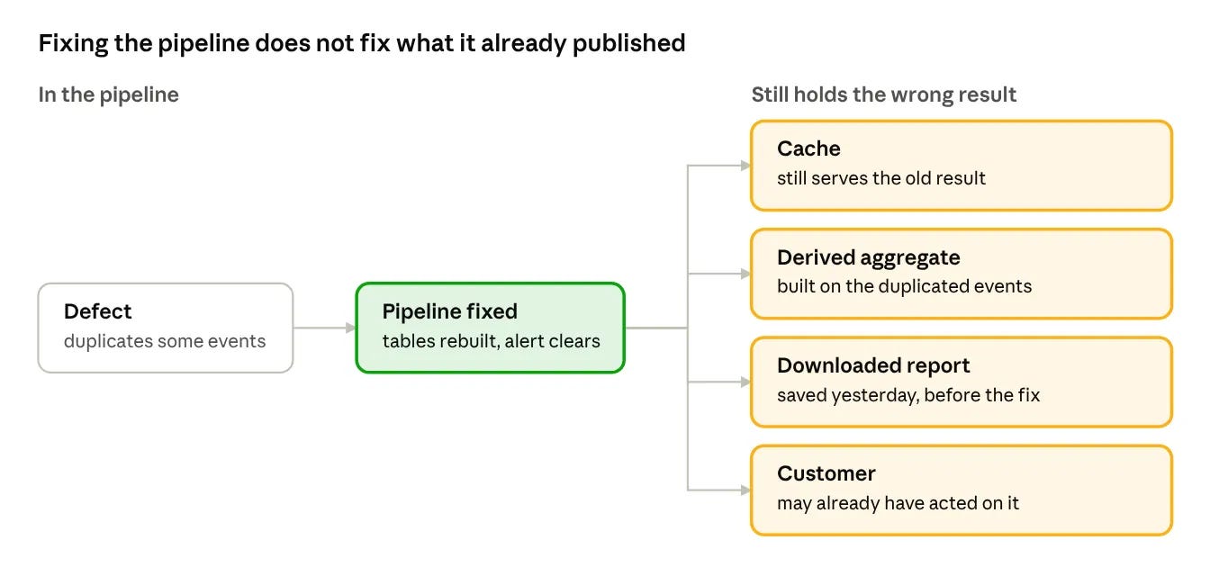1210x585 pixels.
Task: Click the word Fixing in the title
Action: (73, 44)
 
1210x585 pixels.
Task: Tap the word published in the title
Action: (628, 44)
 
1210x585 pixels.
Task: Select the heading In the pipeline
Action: (109, 95)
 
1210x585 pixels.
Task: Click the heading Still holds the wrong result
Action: (884, 94)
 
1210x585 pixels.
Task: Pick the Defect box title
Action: (98, 311)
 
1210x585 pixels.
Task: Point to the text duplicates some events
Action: (165, 341)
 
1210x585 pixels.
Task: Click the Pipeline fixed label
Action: (449, 311)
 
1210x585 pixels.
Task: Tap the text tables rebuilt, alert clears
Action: (491, 341)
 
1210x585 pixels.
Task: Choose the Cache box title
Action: (808, 149)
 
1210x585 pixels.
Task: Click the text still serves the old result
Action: (881, 178)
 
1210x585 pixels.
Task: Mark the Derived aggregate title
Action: (869, 257)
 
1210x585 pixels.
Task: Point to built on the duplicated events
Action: (904, 286)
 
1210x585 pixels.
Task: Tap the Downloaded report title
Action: (873, 366)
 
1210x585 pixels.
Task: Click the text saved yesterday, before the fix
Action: (908, 395)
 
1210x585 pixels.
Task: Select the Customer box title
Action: (826, 473)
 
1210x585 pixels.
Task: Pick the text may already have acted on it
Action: (898, 503)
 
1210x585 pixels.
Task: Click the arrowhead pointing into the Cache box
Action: (746, 166)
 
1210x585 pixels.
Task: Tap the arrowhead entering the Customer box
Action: (746, 490)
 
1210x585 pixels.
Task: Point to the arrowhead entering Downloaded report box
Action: (746, 382)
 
